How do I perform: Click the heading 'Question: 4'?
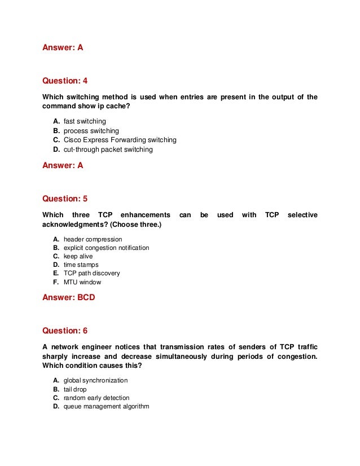[x=65, y=81]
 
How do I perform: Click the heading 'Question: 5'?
[x=65, y=199]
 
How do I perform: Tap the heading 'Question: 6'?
[x=65, y=331]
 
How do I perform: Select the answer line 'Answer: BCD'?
[x=69, y=297]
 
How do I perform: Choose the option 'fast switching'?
[x=85, y=121]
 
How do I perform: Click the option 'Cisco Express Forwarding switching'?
[x=120, y=140]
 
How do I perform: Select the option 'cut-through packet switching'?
[x=108, y=150]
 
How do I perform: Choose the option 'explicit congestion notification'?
[x=106, y=248]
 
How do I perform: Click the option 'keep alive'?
[x=78, y=256]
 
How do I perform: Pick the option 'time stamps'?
[x=81, y=265]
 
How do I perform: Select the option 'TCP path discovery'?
[x=91, y=273]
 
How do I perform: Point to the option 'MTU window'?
[x=82, y=282]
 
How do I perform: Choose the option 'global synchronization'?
[x=95, y=380]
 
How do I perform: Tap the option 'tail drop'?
[x=75, y=389]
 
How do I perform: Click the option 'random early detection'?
[x=96, y=398]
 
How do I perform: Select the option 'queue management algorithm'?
[x=106, y=406]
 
